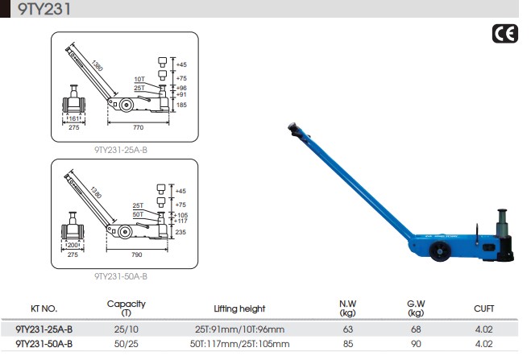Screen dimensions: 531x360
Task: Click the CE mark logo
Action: click(505, 34)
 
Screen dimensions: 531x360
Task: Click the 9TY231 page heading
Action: click(44, 9)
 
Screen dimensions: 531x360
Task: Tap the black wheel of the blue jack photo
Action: click(440, 252)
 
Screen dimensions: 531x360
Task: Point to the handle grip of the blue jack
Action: click(295, 130)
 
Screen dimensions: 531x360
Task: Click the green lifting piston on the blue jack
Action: click(502, 221)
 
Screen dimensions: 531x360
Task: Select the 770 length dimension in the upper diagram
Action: click(138, 127)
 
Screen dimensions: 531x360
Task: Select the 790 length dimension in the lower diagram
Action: click(137, 254)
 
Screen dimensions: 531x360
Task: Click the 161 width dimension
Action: click(73, 118)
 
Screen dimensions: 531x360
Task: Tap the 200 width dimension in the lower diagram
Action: click(73, 245)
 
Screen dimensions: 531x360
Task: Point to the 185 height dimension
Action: click(181, 106)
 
